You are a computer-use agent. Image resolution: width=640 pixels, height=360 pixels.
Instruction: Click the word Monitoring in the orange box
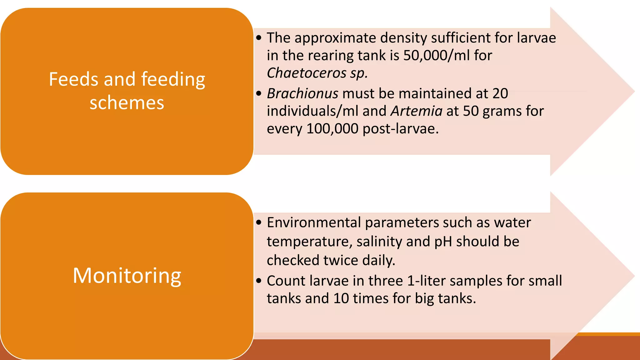tap(127, 276)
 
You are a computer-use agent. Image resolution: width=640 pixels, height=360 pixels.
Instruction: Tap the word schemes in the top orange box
tap(127, 103)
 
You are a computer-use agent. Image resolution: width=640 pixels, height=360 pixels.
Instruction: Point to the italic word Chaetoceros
tap(307, 73)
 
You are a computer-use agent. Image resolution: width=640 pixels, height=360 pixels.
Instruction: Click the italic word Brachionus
tap(302, 93)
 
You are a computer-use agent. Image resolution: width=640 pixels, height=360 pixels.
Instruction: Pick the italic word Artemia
tap(417, 111)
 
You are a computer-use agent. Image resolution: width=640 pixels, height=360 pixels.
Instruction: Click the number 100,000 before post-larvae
tap(332, 129)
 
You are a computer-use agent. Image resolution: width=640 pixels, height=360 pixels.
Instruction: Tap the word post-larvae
tap(400, 129)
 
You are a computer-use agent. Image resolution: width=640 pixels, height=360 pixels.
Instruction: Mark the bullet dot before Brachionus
tap(258, 93)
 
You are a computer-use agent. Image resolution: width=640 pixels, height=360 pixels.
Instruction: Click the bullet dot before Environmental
tap(258, 222)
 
